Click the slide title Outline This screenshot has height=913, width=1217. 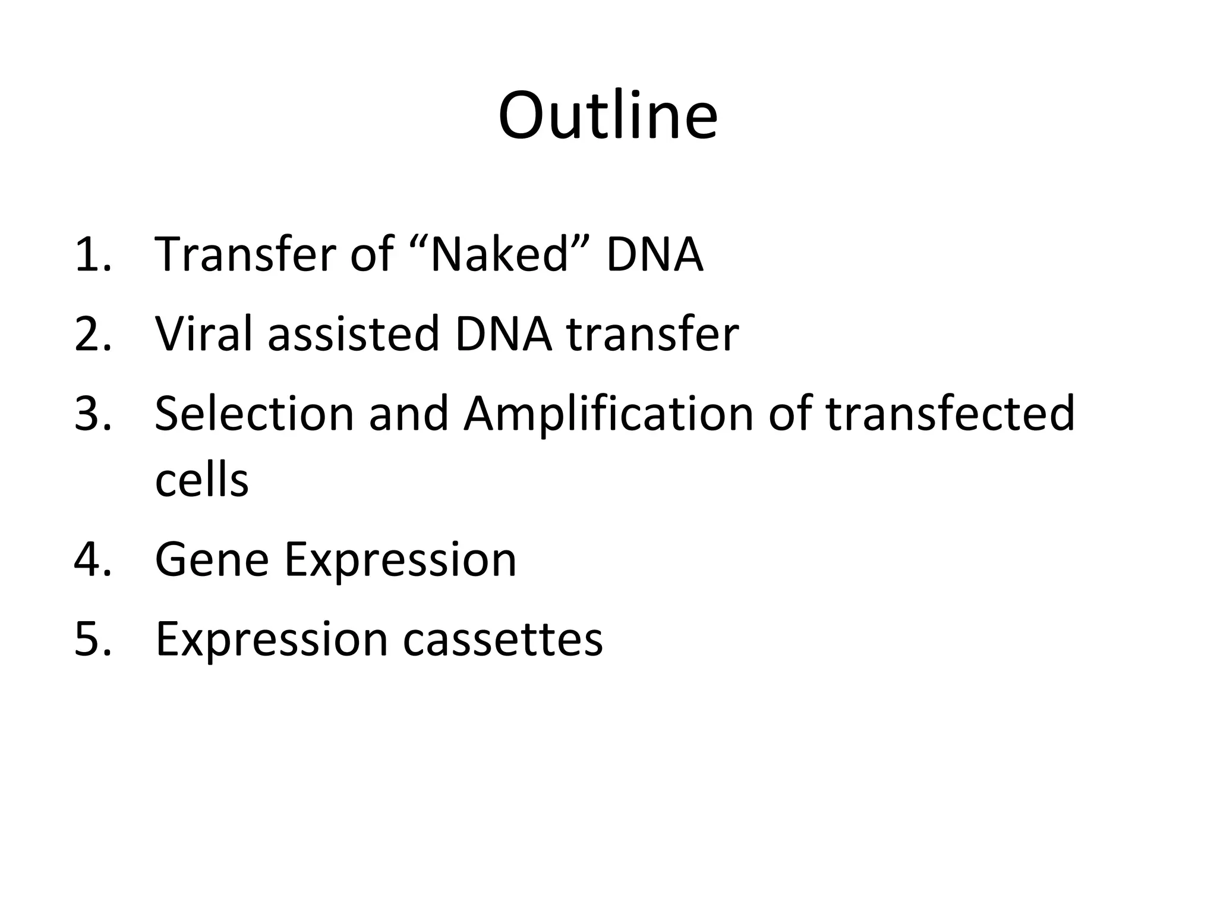click(608, 116)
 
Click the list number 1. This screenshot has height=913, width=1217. click(92, 254)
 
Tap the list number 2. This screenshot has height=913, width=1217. click(92, 334)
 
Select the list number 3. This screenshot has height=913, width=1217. click(92, 414)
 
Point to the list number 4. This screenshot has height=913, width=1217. click(92, 560)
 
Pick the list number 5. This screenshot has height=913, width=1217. click(92, 640)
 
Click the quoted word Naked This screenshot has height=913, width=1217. click(499, 254)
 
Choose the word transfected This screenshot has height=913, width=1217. click(950, 414)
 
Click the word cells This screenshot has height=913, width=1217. click(201, 480)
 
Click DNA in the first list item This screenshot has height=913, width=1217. click(654, 254)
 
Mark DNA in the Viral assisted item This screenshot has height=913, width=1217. click(503, 334)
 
